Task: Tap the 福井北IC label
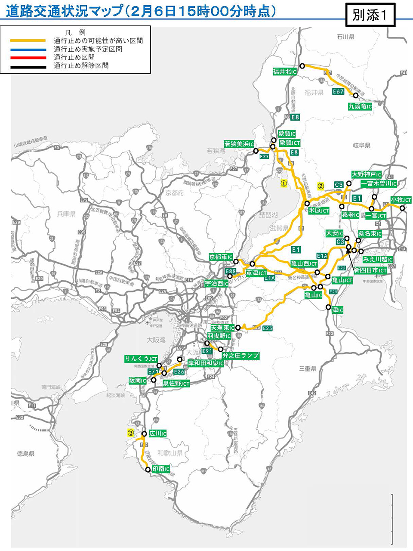(284, 71)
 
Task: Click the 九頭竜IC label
(360, 106)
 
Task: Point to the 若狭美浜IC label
(239, 144)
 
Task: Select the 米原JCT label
(319, 211)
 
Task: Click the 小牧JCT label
(401, 200)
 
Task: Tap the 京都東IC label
(221, 257)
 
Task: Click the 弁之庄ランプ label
(240, 356)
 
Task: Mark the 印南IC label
(161, 469)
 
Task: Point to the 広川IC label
(157, 433)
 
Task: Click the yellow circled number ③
(130, 433)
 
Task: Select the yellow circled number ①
(284, 183)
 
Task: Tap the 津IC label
(337, 310)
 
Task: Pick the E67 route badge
(338, 92)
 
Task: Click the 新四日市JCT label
(370, 270)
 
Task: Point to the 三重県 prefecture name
(308, 368)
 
